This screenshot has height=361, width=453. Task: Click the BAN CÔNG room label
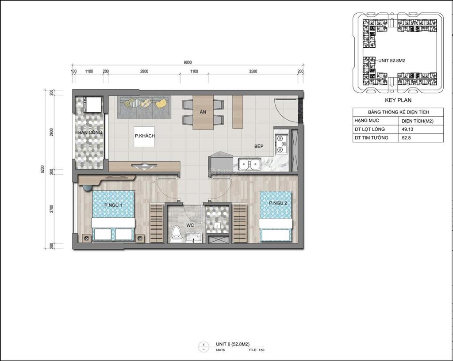point(90,133)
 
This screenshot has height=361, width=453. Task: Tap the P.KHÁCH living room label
point(145,136)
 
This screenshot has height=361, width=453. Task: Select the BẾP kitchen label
point(259,146)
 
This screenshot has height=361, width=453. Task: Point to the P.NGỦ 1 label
point(113,205)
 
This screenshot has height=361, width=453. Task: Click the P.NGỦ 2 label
point(278,203)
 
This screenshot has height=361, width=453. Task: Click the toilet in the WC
point(177,234)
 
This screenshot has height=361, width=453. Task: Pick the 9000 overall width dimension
point(188,63)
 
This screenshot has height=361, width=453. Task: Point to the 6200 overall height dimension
point(43,170)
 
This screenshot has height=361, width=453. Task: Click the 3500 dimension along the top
point(253,71)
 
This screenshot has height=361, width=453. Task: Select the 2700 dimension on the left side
point(52,209)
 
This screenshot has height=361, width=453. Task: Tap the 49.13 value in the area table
point(408,129)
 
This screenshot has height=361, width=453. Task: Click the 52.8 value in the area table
point(406,137)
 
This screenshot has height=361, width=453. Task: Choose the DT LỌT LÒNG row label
point(369,129)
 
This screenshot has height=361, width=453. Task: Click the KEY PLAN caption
point(398,100)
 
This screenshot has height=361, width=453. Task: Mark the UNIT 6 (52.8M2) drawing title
point(233,344)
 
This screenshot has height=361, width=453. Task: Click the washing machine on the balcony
point(94,104)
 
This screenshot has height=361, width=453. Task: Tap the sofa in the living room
point(145,106)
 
